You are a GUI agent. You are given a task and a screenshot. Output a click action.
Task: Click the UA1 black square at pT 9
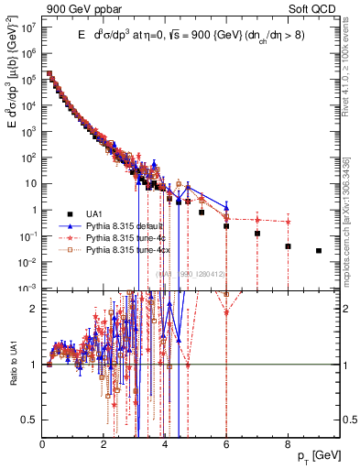click(x=319, y=250)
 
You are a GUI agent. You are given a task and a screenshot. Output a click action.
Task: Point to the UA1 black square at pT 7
click(x=257, y=234)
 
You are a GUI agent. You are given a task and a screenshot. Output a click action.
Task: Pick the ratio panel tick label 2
click(x=35, y=308)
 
